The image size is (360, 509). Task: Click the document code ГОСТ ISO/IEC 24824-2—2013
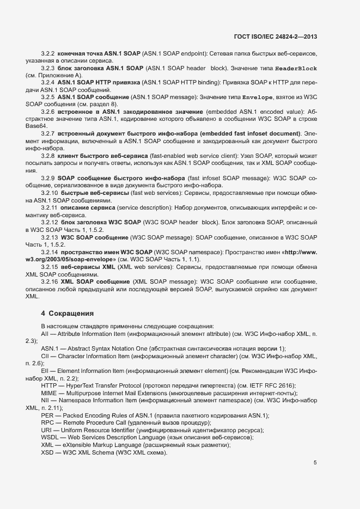(276, 36)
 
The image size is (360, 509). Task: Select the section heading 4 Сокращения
(68, 314)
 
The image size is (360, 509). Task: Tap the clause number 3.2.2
(48, 54)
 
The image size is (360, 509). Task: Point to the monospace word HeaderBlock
(296, 69)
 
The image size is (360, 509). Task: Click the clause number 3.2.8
(48, 156)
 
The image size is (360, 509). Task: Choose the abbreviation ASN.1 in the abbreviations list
(49, 348)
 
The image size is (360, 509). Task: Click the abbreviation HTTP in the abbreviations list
(49, 385)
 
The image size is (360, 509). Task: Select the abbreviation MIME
(49, 393)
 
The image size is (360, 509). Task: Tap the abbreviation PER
(47, 415)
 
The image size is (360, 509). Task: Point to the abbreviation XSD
(47, 453)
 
